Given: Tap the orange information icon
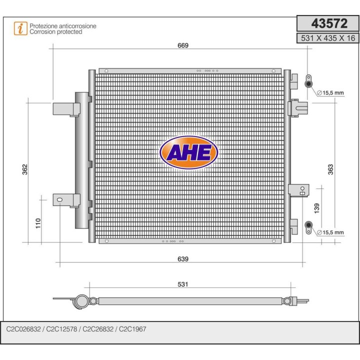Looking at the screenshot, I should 20,28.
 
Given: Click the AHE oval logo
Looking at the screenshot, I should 188,152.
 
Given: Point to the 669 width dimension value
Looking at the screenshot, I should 182,45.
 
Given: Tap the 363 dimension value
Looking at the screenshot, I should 330,170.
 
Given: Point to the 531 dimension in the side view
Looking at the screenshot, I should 183,284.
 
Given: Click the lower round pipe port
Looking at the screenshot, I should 308,225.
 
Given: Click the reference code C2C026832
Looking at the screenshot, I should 23,329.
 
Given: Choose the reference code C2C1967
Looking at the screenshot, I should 133,329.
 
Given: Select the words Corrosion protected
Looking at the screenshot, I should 56,31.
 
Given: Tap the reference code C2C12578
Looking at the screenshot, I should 62,329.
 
